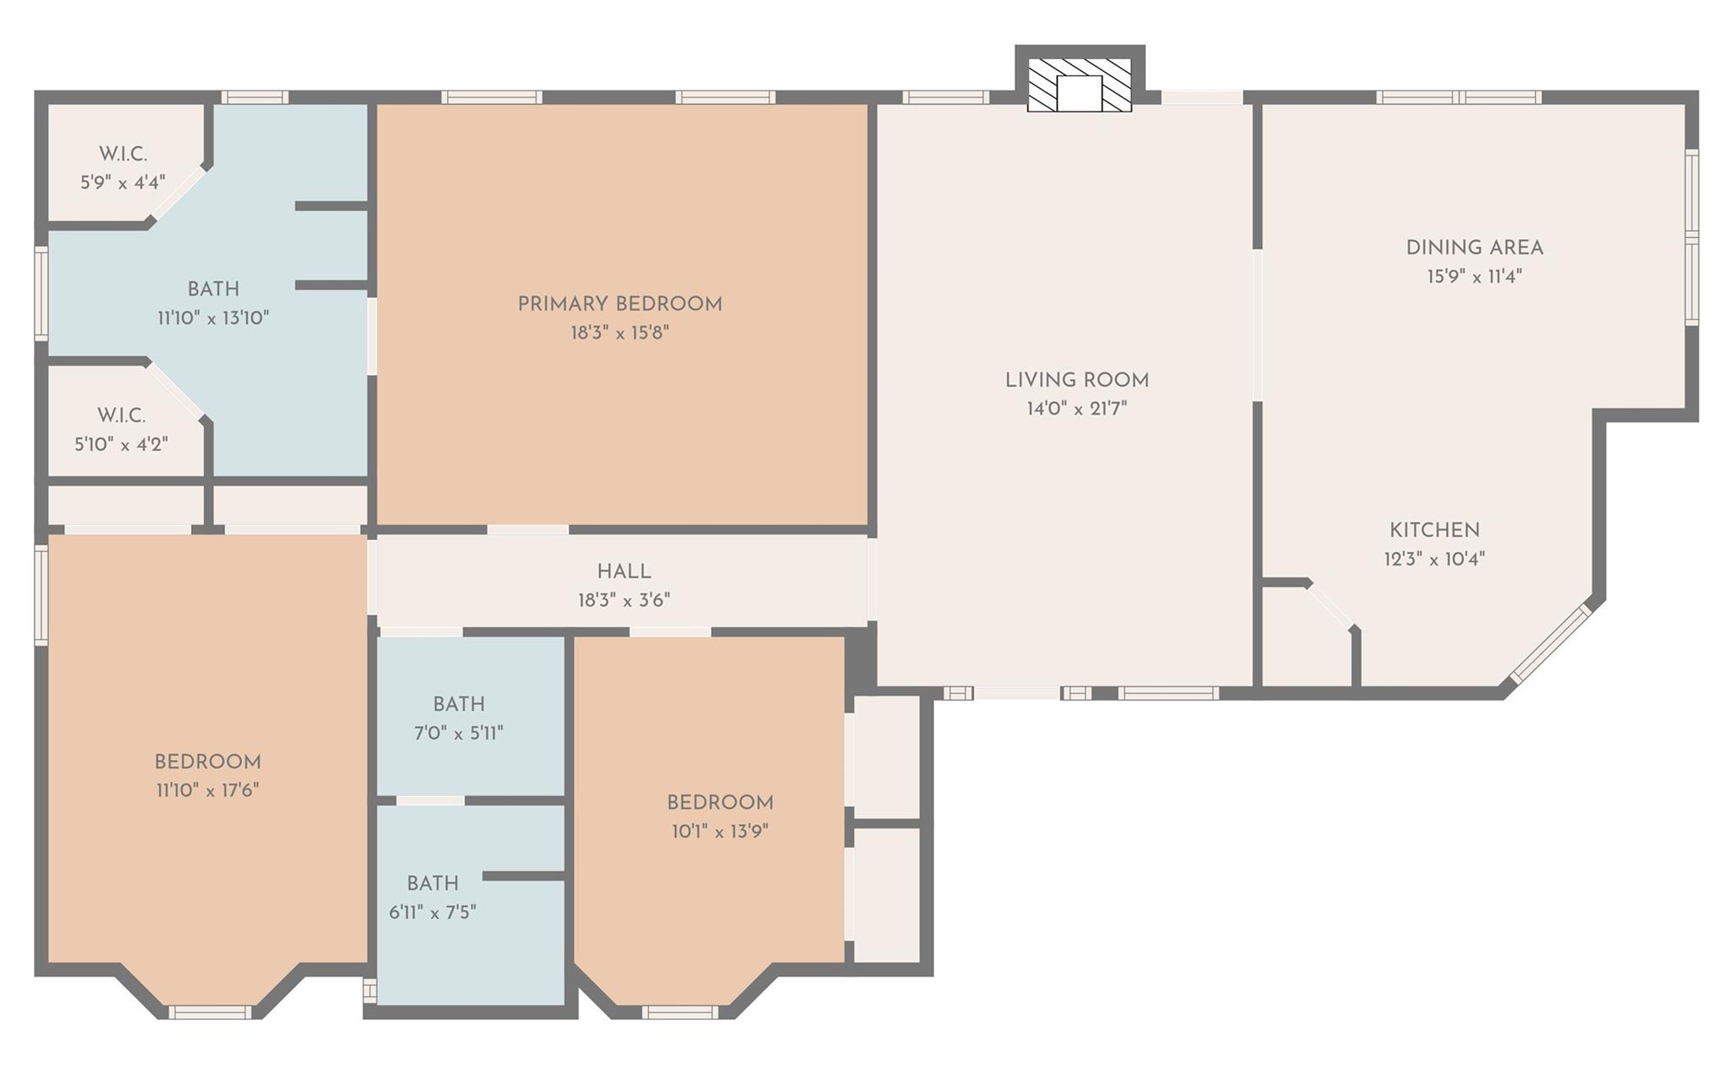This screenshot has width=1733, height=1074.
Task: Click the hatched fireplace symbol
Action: point(1080,85)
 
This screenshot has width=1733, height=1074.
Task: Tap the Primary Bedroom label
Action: point(619,304)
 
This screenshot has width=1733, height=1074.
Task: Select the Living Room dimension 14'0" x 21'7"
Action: point(1076,409)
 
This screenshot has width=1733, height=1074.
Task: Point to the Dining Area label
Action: point(1474,248)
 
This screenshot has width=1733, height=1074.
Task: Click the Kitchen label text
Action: point(1434,531)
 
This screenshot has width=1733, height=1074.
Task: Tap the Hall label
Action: point(624,572)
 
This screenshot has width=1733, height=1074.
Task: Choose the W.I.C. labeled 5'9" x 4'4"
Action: point(123,168)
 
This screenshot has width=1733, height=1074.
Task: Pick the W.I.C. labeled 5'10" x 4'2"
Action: point(121,429)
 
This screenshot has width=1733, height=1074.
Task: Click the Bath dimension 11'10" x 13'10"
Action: point(213,318)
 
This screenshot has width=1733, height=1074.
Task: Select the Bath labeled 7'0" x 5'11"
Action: point(459,718)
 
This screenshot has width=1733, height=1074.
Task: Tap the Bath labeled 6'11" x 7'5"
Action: point(432,897)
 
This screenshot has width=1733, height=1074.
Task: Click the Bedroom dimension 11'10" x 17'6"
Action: point(206,790)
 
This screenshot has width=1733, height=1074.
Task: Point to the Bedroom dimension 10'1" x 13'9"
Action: point(720,831)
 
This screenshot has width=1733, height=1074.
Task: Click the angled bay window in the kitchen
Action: point(1551,644)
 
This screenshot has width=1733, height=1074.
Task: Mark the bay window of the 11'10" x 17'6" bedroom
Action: point(210,1011)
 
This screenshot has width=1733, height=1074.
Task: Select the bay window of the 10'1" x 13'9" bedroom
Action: point(679,1011)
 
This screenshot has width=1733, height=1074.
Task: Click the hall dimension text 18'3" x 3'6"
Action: point(624,601)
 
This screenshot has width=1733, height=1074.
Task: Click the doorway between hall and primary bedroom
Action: point(528,530)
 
